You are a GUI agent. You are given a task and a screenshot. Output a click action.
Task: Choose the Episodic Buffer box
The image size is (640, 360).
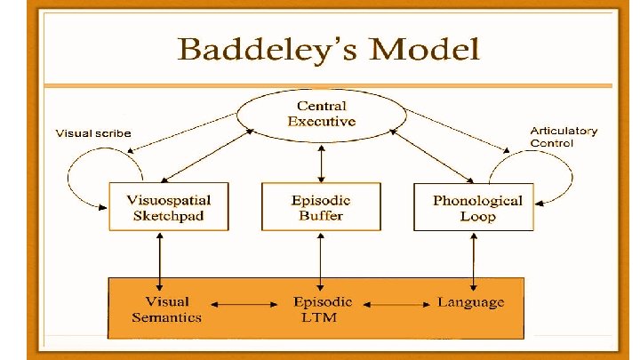pos(321,206)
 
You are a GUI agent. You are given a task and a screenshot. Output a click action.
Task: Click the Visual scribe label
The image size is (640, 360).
pos(93,133)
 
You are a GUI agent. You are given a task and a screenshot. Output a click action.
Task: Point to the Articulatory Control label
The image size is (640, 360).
pos(564,136)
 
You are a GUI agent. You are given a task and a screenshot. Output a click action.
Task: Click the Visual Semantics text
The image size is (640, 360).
pos(166,309)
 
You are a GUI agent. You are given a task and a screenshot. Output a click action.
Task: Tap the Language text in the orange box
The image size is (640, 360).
pos(470,302)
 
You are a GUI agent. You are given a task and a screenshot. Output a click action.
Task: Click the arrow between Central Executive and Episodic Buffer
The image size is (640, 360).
pos(321,160)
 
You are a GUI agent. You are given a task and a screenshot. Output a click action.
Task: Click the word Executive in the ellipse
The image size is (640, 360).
pos(321,122)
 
